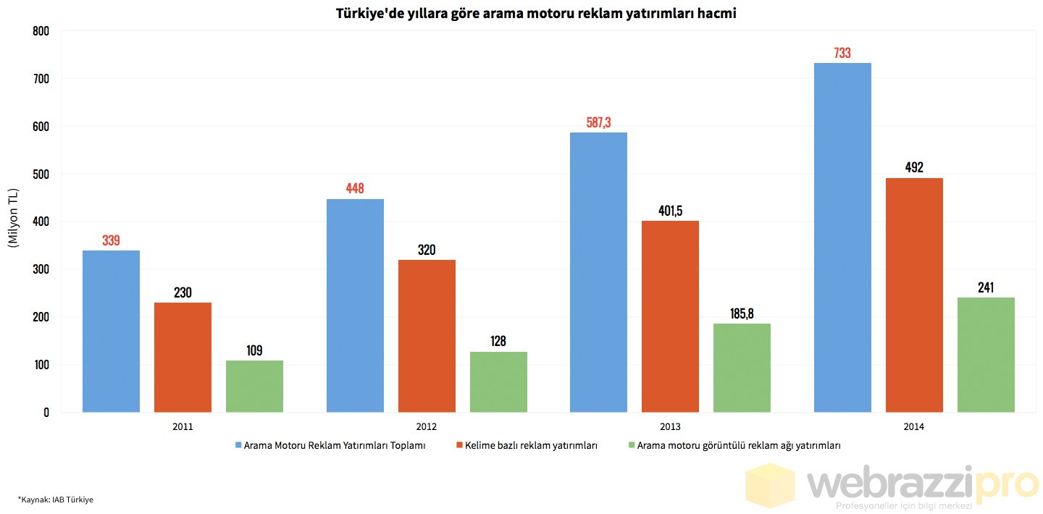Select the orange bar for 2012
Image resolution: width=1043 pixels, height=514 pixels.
coord(427,336)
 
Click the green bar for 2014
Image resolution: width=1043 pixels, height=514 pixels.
coord(986,355)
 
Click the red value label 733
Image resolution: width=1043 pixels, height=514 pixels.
coord(842,53)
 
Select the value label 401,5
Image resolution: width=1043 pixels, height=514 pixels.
coord(670,211)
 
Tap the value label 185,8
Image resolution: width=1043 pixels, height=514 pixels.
coord(742,313)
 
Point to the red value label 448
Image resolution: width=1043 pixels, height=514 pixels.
coord(355,189)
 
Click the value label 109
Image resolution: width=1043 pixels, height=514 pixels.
coord(254,350)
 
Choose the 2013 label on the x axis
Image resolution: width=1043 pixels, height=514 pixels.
coord(671,427)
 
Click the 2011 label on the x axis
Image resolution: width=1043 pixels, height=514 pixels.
coord(183,427)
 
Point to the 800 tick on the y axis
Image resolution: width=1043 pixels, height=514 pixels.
coord(41,31)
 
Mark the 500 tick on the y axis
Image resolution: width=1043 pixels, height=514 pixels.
coord(41,174)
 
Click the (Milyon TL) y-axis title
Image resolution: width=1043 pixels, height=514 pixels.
coord(12,218)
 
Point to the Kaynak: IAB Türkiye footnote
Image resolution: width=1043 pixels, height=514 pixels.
coord(56,500)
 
